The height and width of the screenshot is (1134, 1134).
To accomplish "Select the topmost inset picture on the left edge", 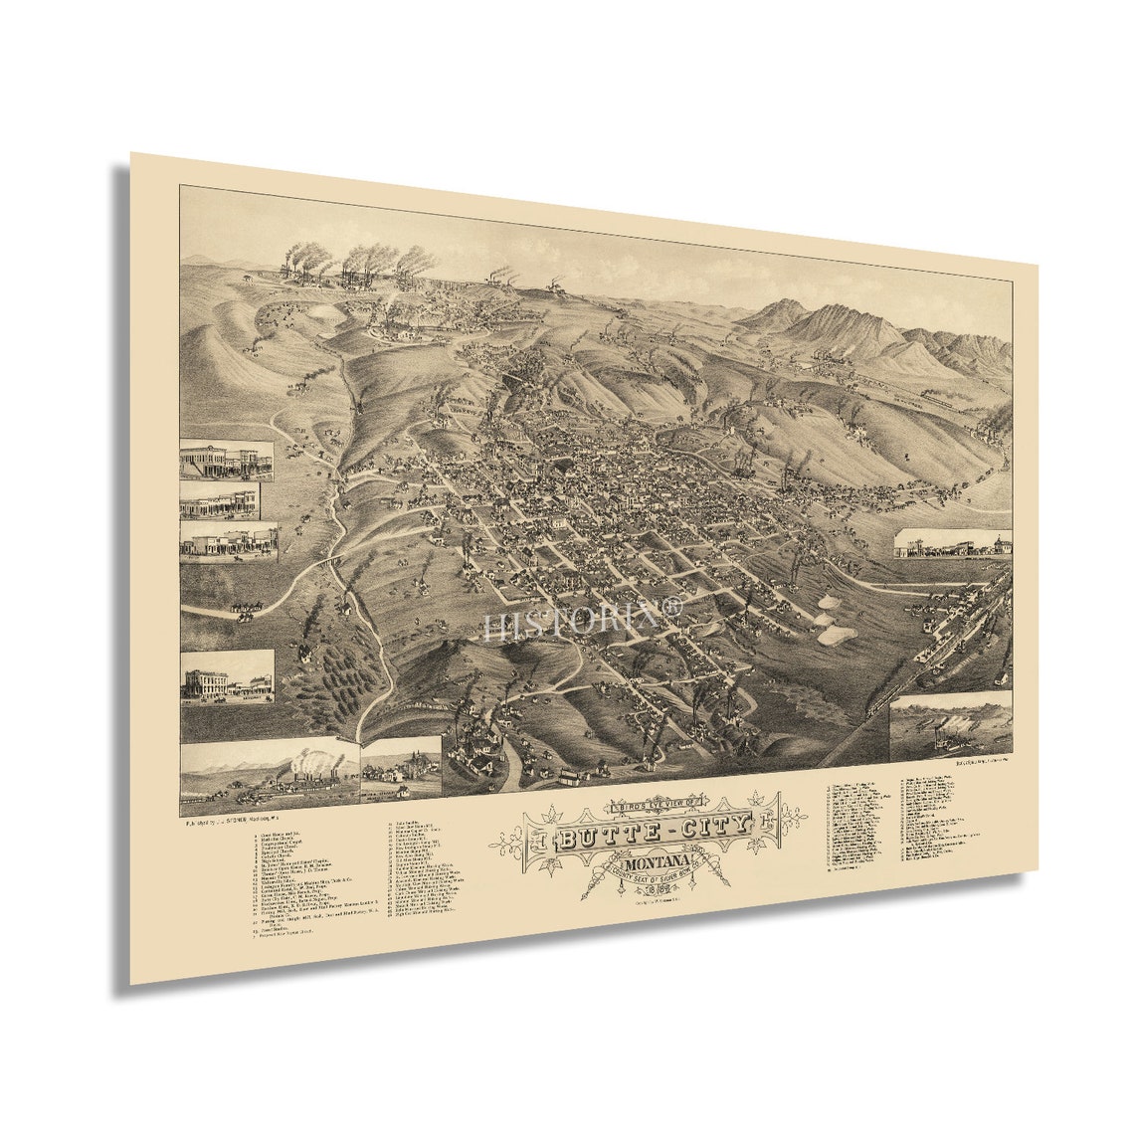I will point(227,460).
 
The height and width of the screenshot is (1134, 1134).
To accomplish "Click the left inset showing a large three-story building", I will point(228,676).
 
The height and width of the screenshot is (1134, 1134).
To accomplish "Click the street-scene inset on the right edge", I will point(952,543).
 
